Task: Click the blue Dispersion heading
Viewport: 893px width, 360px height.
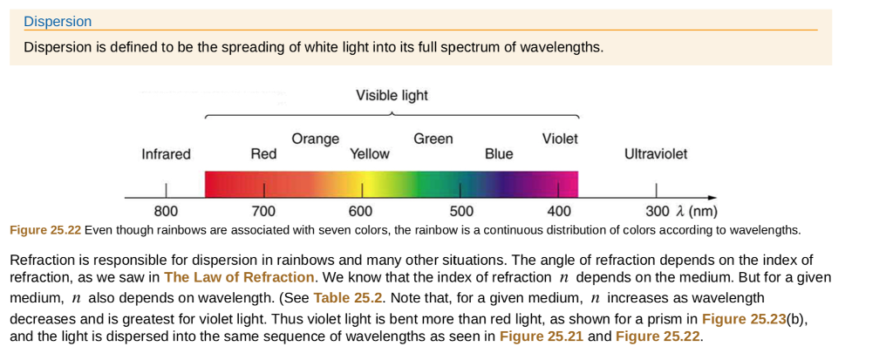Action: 58,22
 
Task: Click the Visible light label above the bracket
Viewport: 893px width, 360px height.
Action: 392,95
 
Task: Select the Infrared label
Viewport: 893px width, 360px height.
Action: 166,154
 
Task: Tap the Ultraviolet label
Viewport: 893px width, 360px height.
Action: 655,154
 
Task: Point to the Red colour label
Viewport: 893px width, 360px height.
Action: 263,154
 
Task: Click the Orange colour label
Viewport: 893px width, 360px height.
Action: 316,139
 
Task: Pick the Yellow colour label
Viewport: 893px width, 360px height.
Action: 370,154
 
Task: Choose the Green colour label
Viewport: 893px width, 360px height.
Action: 433,139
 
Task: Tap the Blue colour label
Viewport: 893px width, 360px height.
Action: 499,154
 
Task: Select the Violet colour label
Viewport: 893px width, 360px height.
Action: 560,139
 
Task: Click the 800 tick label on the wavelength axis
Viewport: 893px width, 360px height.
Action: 166,212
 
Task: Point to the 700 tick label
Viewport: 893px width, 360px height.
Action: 263,212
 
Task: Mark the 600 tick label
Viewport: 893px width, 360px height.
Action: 360,212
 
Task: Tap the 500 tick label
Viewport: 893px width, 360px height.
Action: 461,212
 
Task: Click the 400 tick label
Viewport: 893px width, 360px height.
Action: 559,212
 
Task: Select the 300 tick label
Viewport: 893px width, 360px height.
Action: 658,212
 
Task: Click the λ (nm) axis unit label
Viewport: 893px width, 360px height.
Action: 697,212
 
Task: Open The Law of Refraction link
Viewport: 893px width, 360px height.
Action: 239,277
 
